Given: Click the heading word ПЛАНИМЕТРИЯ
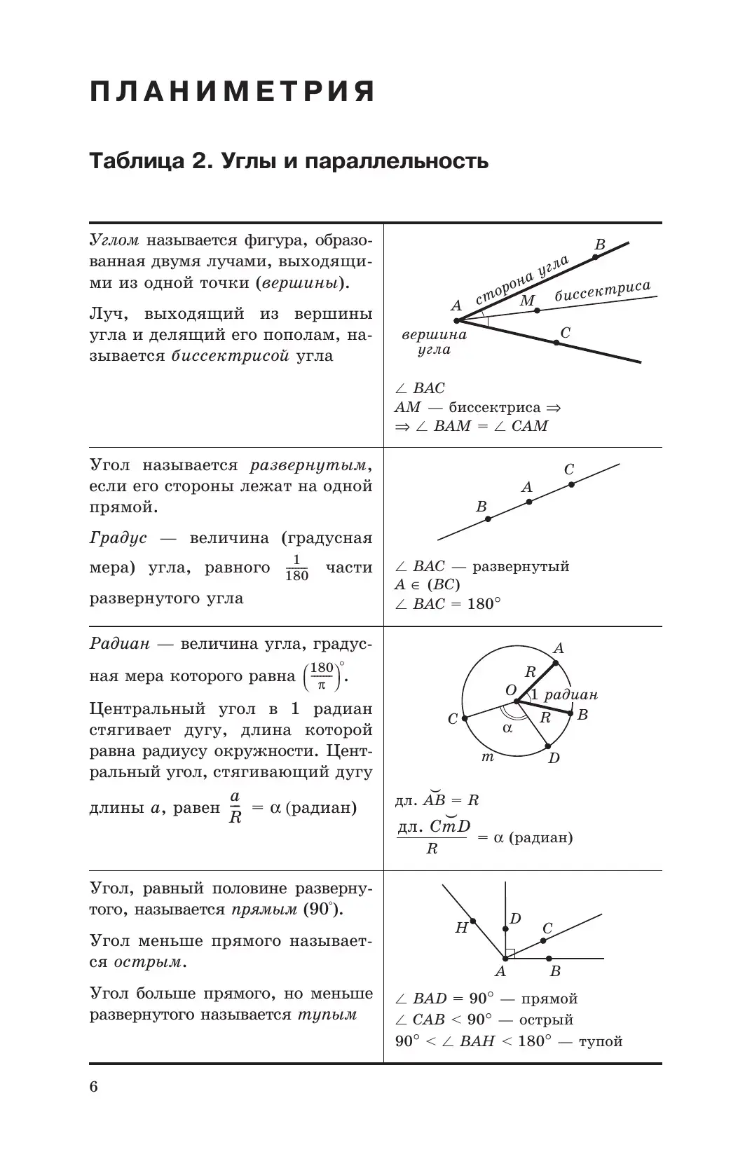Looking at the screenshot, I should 233,92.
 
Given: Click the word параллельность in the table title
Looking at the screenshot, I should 404,162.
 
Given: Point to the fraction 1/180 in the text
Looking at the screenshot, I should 297,568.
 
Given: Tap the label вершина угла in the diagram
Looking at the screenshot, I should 434,342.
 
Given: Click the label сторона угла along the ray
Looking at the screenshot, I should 522,280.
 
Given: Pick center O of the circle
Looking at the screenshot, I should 517,700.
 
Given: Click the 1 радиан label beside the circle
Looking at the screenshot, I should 564,695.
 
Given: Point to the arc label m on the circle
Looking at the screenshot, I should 488,757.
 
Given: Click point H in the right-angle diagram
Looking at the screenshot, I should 473,921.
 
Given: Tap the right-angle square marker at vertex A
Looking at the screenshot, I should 510,953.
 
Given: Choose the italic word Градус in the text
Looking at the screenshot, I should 118,538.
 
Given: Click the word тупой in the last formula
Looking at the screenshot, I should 601,1041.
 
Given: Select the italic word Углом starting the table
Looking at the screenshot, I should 114,240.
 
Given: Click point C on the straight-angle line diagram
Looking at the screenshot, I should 571,484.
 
